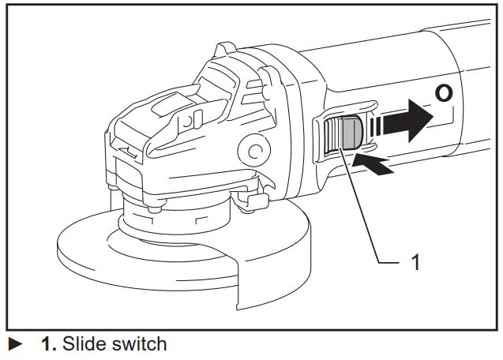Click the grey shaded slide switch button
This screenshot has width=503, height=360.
[x=347, y=133]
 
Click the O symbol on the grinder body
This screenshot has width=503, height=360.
[x=445, y=94]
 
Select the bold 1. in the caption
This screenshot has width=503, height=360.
[x=49, y=344]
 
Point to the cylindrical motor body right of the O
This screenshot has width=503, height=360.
[x=474, y=126]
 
